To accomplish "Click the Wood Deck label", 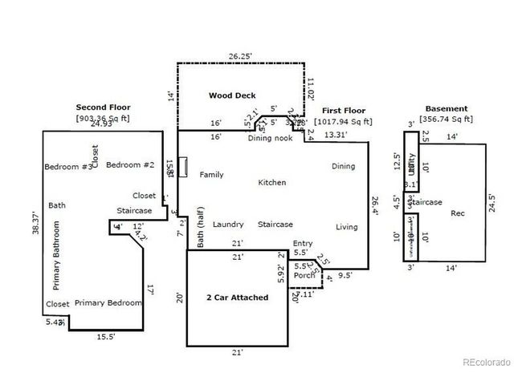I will click(x=232, y=95).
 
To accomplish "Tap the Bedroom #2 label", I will click(x=130, y=165).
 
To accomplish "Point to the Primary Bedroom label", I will click(x=108, y=303).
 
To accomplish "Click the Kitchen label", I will click(x=271, y=183).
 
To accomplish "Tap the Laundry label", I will click(x=228, y=225).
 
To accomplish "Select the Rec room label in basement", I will click(x=457, y=213).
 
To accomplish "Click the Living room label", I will click(x=346, y=227).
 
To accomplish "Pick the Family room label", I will click(x=211, y=175).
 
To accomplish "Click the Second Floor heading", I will click(x=103, y=107).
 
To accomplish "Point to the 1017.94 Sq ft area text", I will click(x=343, y=122).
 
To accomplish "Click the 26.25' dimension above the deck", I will click(x=240, y=57).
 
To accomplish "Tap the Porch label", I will click(x=304, y=275).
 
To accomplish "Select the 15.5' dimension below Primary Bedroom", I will click(x=105, y=337).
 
